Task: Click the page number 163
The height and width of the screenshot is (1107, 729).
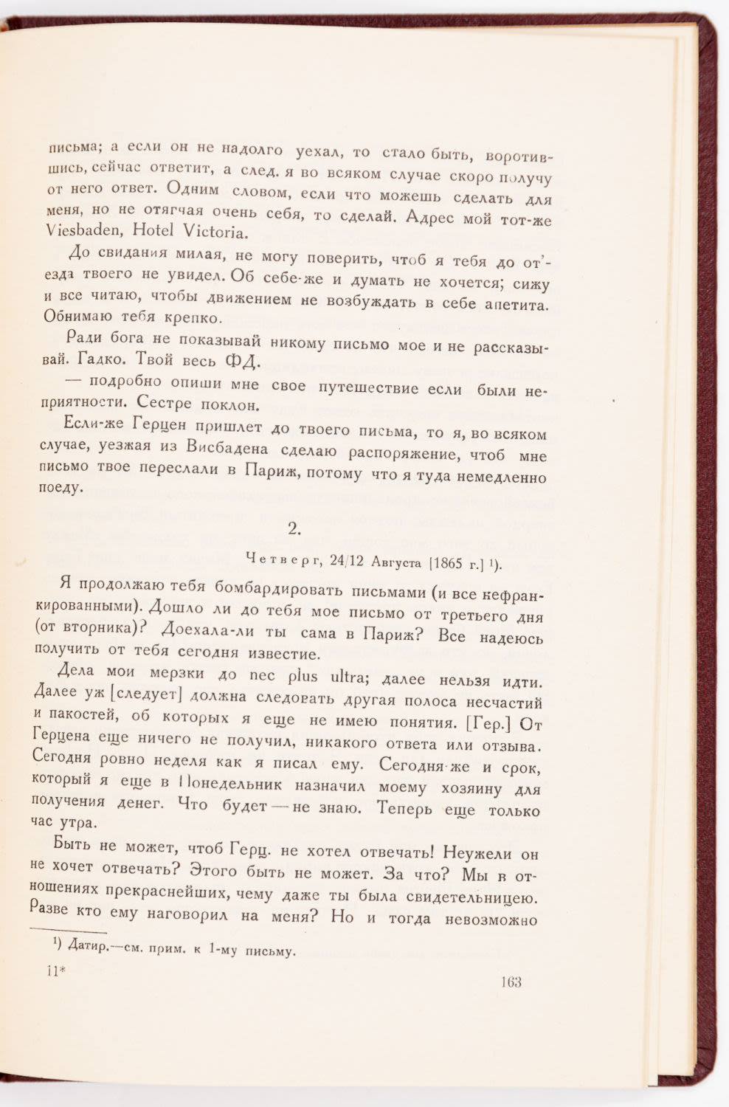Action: [510, 982]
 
